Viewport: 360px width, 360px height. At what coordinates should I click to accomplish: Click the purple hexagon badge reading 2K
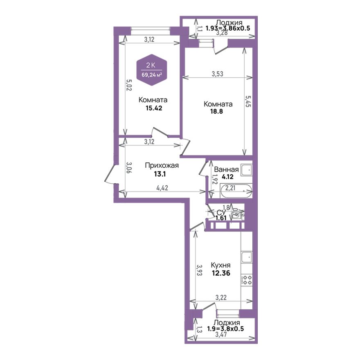pos(151,70)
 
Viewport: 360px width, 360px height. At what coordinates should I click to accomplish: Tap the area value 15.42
pos(154,108)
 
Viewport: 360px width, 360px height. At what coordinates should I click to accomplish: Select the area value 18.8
pos(216,112)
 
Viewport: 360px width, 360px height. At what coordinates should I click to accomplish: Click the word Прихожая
pos(162,165)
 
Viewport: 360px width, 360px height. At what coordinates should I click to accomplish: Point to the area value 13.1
pos(160,174)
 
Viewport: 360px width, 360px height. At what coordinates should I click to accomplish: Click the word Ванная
pos(226,170)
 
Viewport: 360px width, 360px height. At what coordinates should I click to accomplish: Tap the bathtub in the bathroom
pos(236,191)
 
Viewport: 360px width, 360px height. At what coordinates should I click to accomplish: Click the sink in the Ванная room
pos(246,170)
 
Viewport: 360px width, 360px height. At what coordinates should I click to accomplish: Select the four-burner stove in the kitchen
pos(247,280)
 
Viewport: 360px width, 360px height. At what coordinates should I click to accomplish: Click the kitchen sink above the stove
pos(247,258)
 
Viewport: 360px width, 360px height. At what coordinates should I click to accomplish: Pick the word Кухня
pos(220,265)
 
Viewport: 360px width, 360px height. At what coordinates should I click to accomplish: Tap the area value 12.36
pos(221,273)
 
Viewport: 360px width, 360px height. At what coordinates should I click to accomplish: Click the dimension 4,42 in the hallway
pos(162,188)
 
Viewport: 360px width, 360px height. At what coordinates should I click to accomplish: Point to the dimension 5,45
pos(248,101)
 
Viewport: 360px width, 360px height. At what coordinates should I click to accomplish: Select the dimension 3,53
pos(217,74)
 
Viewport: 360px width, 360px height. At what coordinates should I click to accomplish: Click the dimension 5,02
pos(129,85)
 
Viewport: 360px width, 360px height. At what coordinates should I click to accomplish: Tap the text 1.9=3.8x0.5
pos(225,328)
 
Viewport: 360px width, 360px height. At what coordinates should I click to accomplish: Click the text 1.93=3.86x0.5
pos(228,28)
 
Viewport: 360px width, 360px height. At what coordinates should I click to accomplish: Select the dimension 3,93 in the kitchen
pos(199,270)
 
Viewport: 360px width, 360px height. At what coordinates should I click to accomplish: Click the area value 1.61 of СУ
pos(221,218)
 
